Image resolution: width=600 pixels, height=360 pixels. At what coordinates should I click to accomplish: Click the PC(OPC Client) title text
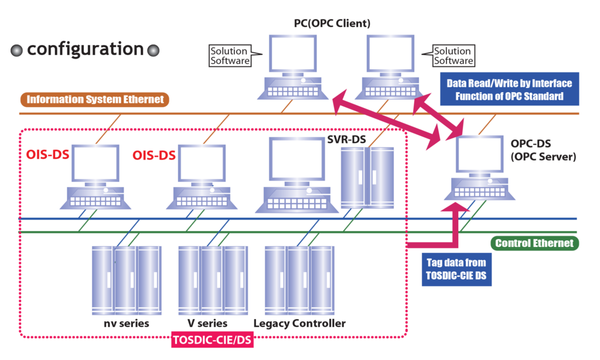point(332,23)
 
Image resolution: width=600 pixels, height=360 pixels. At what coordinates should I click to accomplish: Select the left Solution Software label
point(230,56)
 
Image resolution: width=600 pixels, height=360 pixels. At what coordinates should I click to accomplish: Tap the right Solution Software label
point(453,56)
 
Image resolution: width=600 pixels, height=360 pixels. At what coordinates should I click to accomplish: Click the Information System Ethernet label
point(95,99)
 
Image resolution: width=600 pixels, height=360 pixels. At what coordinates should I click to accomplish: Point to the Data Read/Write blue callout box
point(509,90)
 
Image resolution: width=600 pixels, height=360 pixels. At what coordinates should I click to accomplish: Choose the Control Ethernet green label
point(534,243)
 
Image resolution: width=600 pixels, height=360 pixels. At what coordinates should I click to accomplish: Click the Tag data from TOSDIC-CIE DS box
point(456,269)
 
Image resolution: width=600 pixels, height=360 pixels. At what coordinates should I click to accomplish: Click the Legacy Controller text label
point(300,324)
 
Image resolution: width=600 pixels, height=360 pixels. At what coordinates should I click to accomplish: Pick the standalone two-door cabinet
point(367,176)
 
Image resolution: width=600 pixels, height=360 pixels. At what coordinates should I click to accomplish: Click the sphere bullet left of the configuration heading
point(17,53)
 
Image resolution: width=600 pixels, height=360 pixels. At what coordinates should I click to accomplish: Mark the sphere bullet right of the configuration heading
point(154,53)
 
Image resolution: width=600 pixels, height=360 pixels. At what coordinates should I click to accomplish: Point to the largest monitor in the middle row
point(297,159)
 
